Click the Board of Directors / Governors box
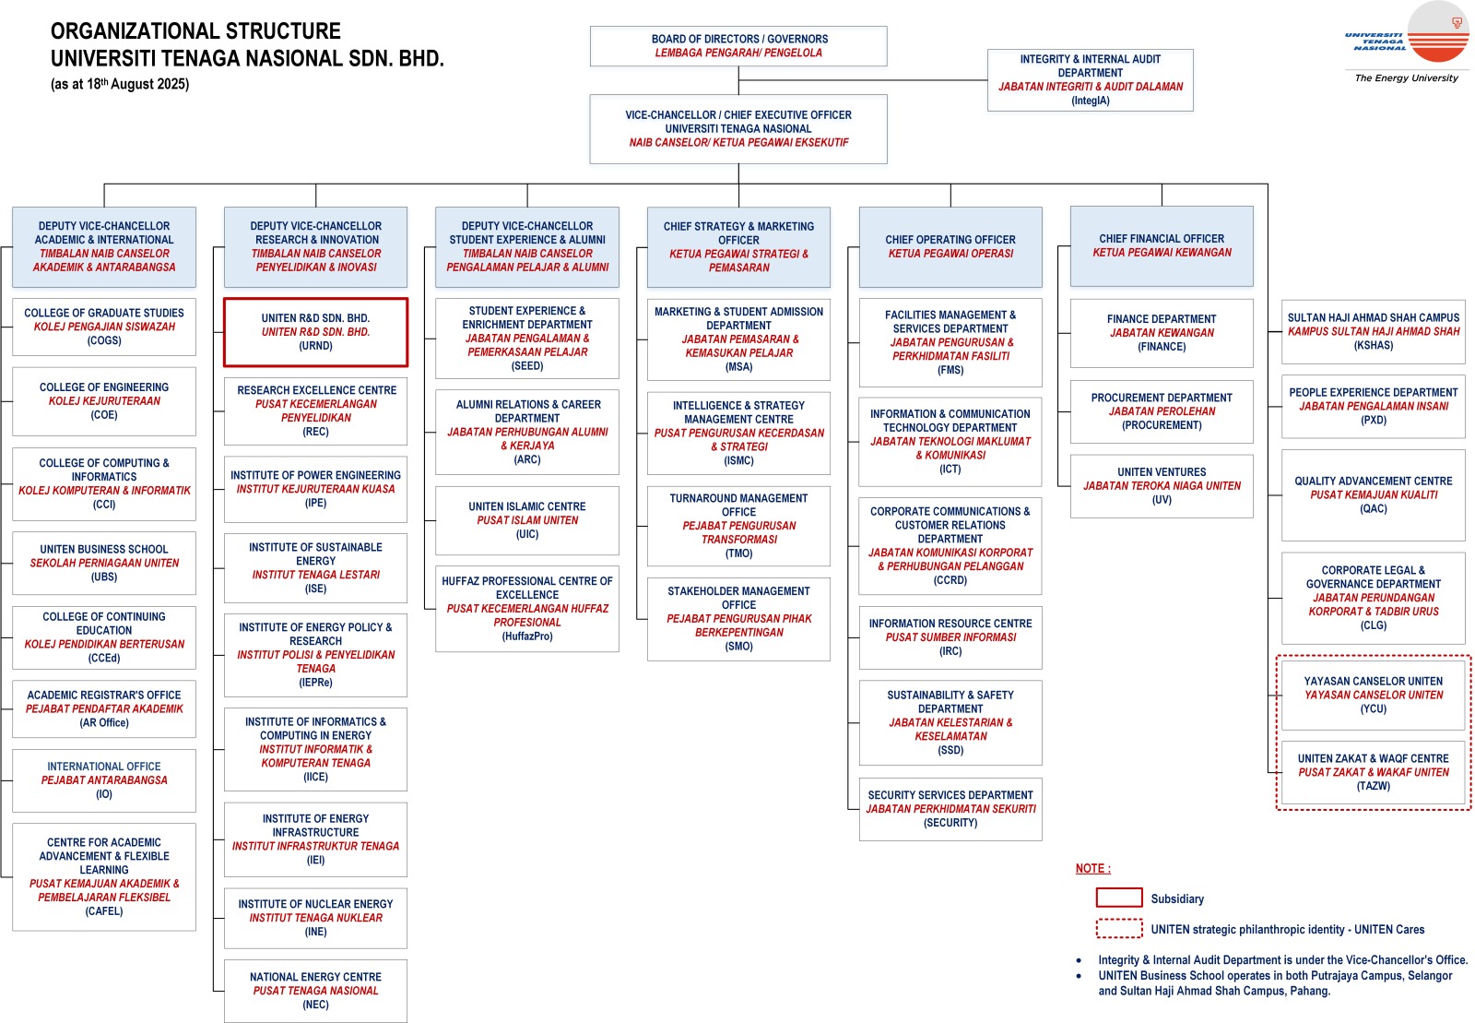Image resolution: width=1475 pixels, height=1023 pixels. click(x=738, y=46)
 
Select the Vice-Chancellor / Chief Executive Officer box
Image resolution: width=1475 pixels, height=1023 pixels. click(x=738, y=129)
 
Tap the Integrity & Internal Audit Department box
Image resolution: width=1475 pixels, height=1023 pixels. click(x=1091, y=80)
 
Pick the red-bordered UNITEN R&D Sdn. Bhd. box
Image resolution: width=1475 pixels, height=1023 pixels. click(x=315, y=332)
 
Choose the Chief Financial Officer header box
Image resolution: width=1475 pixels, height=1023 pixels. click(x=1162, y=245)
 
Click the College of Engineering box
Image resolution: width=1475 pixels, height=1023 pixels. click(x=104, y=401)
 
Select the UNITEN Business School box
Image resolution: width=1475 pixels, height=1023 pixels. click(x=104, y=563)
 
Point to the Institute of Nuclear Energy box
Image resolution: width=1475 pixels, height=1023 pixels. click(x=315, y=918)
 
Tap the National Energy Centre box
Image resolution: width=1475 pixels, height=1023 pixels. click(x=315, y=991)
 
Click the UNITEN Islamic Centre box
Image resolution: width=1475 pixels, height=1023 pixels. click(x=527, y=520)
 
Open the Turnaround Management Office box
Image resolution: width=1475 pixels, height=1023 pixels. click(x=738, y=526)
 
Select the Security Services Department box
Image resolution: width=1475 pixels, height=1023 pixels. click(x=950, y=809)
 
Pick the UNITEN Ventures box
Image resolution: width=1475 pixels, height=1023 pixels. click(x=1162, y=486)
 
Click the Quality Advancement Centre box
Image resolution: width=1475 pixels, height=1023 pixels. click(x=1374, y=495)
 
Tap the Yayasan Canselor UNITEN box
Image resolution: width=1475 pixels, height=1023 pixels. click(x=1374, y=696)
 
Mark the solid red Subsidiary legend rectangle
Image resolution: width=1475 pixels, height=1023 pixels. click(x=1119, y=898)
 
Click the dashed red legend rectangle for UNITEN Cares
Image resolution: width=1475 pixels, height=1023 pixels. click(x=1119, y=928)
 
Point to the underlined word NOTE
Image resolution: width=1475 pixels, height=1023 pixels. click(x=1092, y=868)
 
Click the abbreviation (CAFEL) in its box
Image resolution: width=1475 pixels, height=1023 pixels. click(x=104, y=911)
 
